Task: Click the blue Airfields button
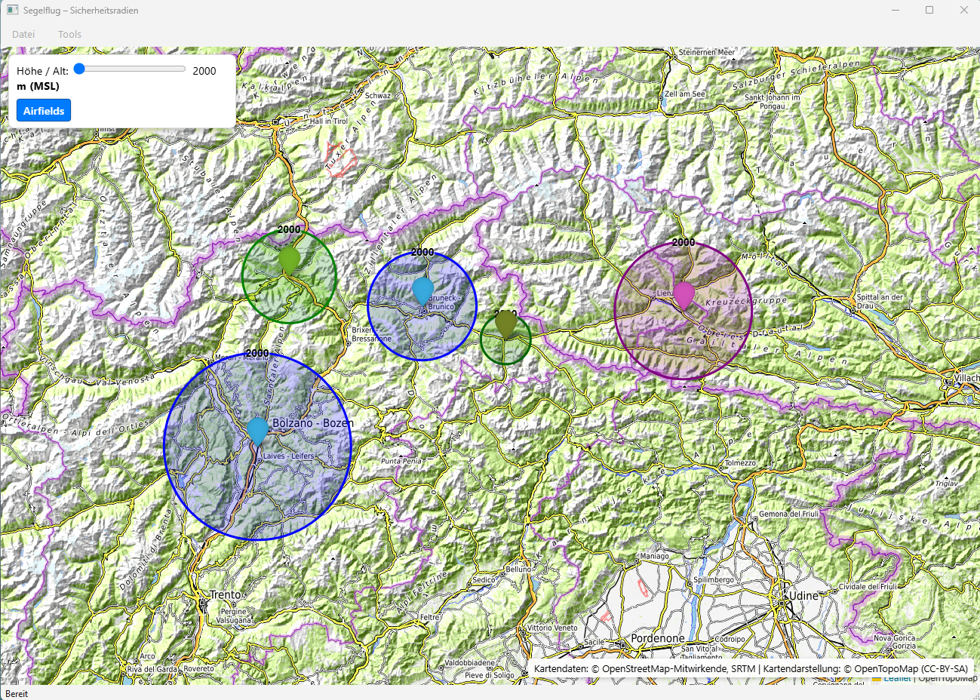tap(44, 111)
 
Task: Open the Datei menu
tap(23, 34)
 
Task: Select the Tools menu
tap(69, 34)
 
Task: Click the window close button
tap(963, 11)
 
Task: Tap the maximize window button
tap(929, 11)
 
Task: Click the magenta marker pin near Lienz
tap(684, 294)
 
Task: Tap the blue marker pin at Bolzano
tap(257, 430)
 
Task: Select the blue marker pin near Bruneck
tap(423, 290)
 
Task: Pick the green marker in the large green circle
tap(289, 260)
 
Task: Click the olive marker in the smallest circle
tap(505, 324)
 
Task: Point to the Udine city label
tap(802, 596)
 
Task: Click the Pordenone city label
tap(658, 638)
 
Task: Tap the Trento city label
tap(226, 595)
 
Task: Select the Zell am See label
tap(685, 94)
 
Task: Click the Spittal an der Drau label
tap(880, 301)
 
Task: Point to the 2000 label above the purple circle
tap(684, 242)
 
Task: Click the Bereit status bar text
tap(17, 694)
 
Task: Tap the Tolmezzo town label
tap(740, 463)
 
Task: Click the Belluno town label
tap(519, 569)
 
